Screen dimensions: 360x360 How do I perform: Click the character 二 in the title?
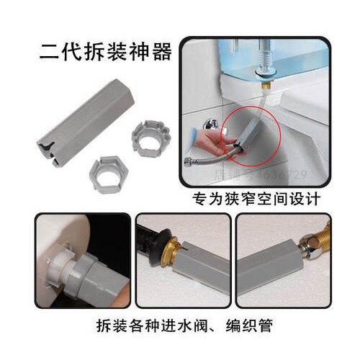pyautogui.click(x=50, y=54)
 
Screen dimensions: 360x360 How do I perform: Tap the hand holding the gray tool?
pyautogui.click(x=216, y=133)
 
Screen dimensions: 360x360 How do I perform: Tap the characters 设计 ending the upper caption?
pyautogui.click(x=307, y=197)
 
